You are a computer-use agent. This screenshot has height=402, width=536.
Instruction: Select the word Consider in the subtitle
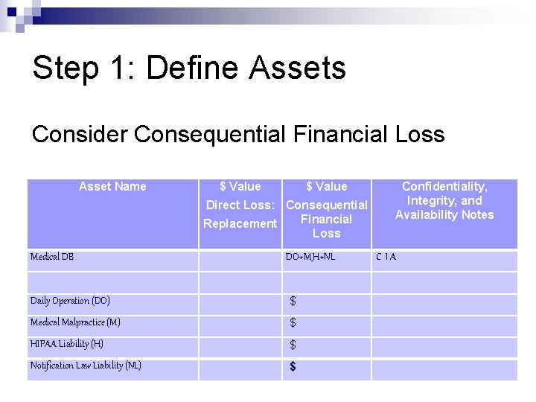coord(80,135)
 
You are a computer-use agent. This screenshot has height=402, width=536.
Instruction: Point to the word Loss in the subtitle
coord(418,135)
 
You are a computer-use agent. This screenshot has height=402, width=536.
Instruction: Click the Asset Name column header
coord(112,186)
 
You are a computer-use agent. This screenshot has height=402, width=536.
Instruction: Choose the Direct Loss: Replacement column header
coord(240,205)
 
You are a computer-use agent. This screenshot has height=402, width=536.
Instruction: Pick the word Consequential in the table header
coord(327,205)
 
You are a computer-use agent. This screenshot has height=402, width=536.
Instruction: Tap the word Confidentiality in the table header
coord(444,186)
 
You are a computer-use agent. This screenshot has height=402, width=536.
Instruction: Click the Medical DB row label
coord(52,257)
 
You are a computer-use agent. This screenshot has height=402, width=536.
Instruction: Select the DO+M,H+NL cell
coord(310,257)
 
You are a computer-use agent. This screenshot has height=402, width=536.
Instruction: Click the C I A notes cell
coord(386,257)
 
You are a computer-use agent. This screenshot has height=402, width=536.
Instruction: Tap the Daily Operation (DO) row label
coord(70,301)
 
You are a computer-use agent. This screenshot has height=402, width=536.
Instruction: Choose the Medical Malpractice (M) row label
coord(75,322)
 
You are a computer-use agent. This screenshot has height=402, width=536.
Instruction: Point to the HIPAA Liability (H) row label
coord(67,344)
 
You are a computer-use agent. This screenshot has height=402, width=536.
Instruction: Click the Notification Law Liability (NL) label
coord(86,366)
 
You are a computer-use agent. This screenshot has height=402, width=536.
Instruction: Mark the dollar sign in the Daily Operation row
coord(293,301)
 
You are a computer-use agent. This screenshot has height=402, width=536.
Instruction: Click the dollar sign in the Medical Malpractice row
coord(293,323)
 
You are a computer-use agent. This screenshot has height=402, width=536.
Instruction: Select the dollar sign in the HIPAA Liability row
coord(293,345)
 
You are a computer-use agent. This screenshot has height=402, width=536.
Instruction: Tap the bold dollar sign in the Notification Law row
coord(293,366)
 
